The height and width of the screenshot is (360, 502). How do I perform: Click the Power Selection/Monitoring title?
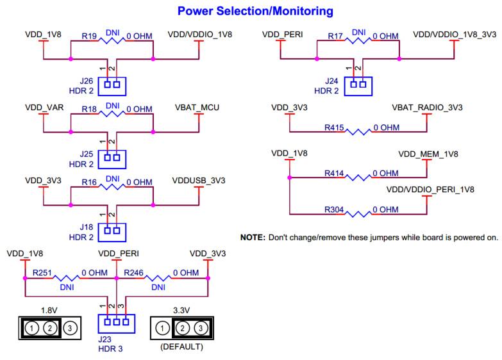pyautogui.click(x=255, y=11)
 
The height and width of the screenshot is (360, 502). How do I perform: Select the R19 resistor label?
pyautogui.click(x=89, y=37)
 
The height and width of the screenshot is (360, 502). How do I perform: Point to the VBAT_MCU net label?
pyautogui.click(x=197, y=107)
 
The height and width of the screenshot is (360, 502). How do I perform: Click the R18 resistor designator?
pyautogui.click(x=89, y=110)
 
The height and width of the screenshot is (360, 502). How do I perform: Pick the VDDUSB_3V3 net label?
pyautogui.click(x=199, y=181)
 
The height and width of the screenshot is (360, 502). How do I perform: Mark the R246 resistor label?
pyautogui.click(x=134, y=273)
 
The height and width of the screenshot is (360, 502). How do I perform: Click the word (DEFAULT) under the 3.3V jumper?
pyautogui.click(x=182, y=347)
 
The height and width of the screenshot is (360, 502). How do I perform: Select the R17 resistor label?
pyautogui.click(x=337, y=37)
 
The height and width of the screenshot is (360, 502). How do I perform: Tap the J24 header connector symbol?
pyautogui.click(x=358, y=84)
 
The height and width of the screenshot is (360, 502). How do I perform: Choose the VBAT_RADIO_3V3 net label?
pyautogui.click(x=427, y=107)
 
